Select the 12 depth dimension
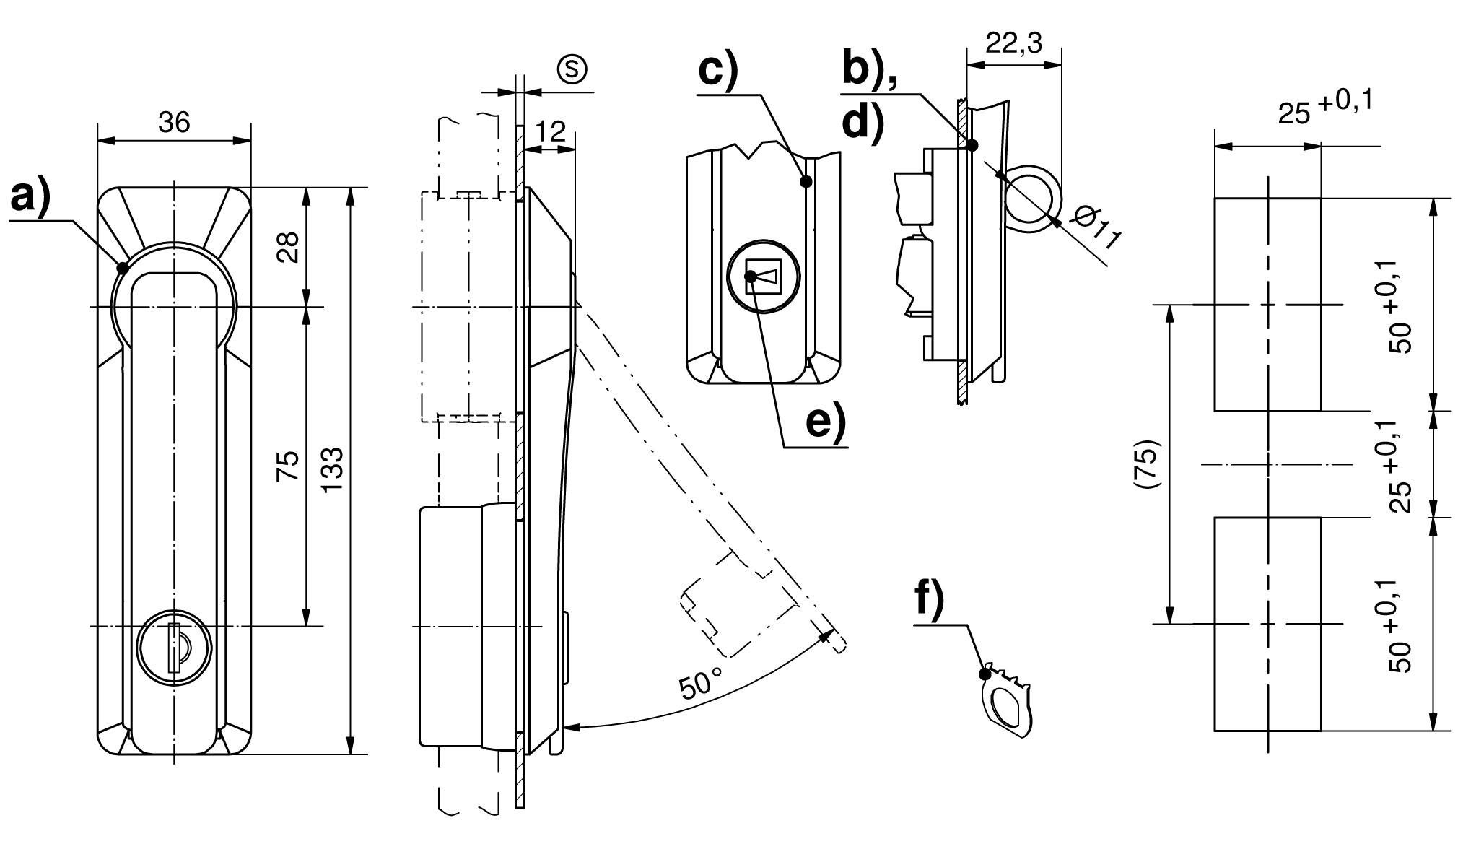click(x=551, y=132)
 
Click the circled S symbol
click(x=572, y=69)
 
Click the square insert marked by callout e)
click(x=763, y=277)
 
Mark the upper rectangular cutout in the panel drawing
click(x=1267, y=304)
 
